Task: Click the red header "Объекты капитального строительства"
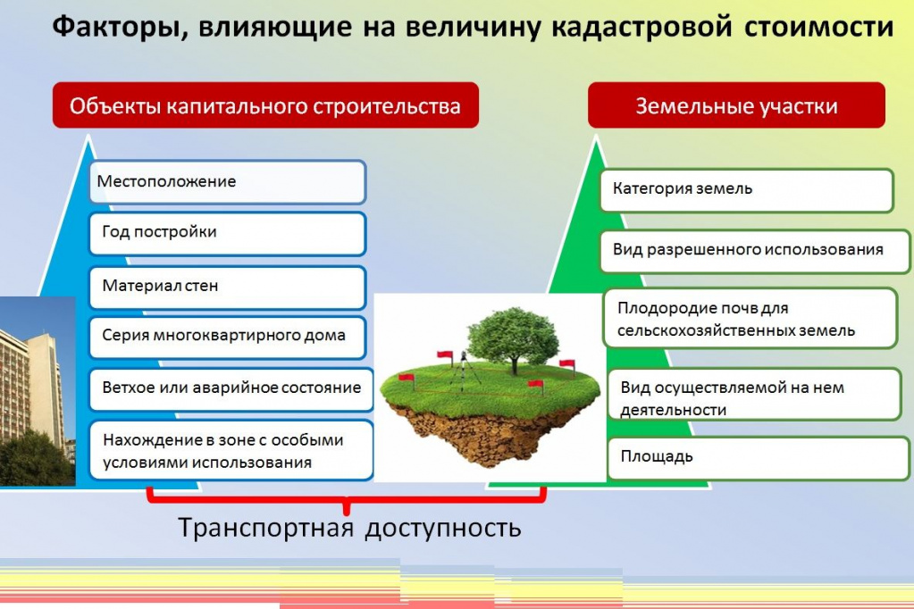point(266,104)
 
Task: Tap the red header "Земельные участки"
point(736,104)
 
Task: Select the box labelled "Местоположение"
point(227,182)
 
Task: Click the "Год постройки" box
point(227,233)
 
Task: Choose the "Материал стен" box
point(227,287)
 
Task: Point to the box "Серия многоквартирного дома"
point(227,337)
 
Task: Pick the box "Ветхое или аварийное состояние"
point(231,388)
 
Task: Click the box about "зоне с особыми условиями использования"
point(231,450)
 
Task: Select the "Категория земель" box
point(747,190)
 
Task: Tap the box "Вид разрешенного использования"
point(755,251)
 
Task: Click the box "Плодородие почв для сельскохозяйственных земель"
point(750,318)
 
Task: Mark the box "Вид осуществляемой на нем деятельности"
point(754,394)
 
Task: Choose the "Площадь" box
point(759,458)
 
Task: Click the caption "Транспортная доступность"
point(349,528)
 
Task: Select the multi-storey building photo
point(38,391)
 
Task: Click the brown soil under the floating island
point(489,432)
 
